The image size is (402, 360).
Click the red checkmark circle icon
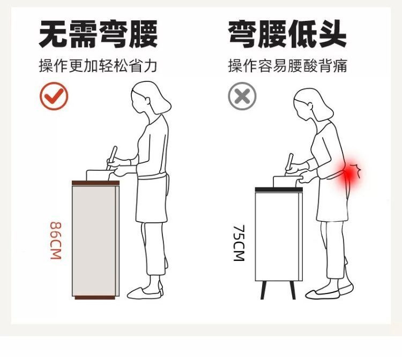point(54,96)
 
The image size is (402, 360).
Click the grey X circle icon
point(242,96)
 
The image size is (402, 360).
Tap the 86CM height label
point(56,241)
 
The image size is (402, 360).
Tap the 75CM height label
point(239,243)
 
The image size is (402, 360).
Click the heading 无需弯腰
point(98,34)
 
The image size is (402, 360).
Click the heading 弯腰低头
point(287,34)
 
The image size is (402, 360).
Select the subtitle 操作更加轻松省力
point(98,65)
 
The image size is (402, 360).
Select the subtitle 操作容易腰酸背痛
point(287,65)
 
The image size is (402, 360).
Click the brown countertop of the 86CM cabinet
point(95,183)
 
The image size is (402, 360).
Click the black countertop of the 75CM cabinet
point(279,190)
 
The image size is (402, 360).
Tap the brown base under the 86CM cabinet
point(95,297)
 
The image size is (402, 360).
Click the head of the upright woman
point(150,98)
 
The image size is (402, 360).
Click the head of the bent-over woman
point(311,104)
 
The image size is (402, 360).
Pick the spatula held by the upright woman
point(112,157)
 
